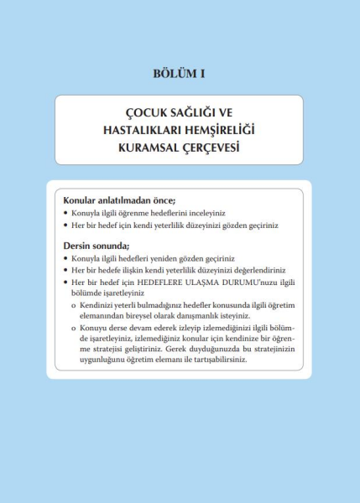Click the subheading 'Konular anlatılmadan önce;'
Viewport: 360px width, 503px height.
113,201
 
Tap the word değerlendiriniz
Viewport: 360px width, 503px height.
259,271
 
